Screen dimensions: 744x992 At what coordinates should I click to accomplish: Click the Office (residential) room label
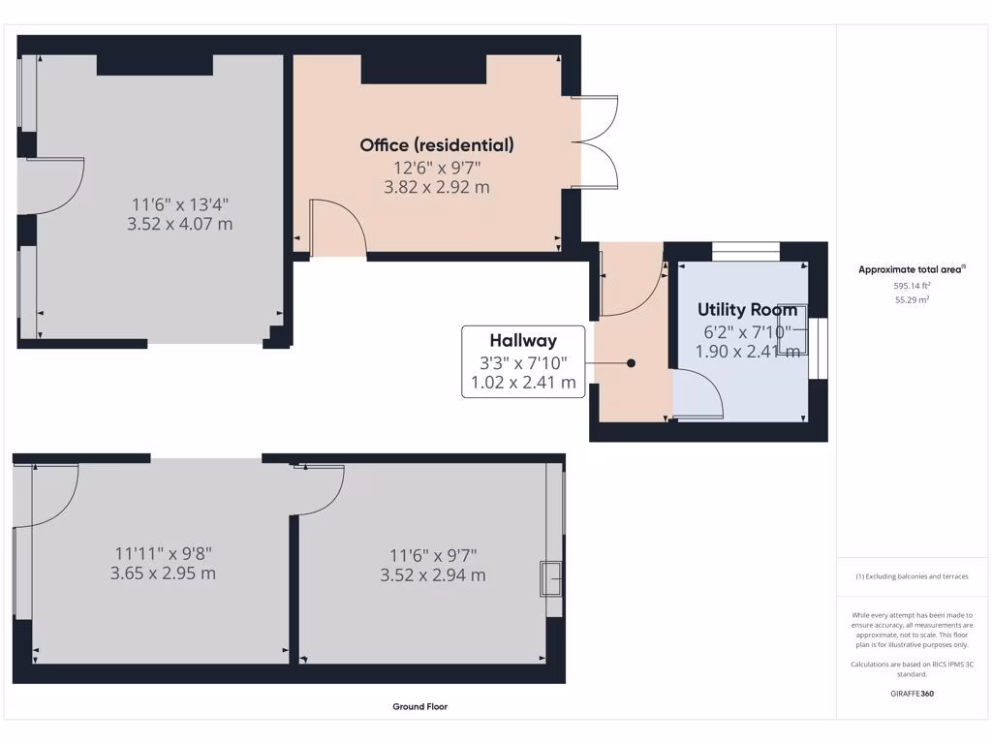[437, 145]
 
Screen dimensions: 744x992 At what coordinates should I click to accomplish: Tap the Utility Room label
[748, 310]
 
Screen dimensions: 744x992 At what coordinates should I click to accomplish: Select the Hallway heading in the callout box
[523, 340]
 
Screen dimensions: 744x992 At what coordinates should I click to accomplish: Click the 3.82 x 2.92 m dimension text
[437, 187]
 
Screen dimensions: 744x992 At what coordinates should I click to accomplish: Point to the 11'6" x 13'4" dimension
[183, 204]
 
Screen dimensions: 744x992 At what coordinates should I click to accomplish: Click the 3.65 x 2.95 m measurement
[163, 573]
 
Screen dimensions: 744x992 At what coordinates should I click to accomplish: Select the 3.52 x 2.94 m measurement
[433, 575]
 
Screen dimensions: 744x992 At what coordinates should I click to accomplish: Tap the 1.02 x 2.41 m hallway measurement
[523, 383]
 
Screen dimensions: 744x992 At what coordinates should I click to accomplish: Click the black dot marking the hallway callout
[631, 363]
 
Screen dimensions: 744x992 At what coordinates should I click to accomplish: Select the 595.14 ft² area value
[912, 286]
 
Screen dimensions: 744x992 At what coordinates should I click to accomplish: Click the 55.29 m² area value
[912, 300]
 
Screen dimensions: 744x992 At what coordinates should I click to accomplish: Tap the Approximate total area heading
[912, 269]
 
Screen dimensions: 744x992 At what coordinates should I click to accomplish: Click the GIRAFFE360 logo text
[912, 694]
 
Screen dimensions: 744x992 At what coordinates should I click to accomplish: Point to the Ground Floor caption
[419, 707]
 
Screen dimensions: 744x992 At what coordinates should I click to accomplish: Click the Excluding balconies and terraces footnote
[912, 576]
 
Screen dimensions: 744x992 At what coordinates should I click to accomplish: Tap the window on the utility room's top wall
[746, 251]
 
